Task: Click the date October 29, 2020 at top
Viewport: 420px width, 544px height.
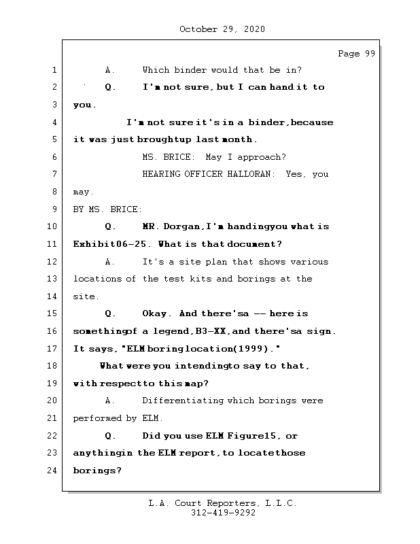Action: (x=222, y=29)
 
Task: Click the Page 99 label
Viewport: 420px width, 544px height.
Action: (x=356, y=54)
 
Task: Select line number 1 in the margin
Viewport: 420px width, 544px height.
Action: (x=54, y=70)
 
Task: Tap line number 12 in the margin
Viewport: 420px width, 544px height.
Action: (x=52, y=262)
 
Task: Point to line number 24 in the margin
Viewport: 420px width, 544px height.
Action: (x=52, y=471)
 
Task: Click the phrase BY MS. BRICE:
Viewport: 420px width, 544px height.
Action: (x=107, y=209)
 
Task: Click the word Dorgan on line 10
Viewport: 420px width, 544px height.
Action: (x=180, y=227)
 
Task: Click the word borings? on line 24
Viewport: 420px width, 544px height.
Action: (x=97, y=471)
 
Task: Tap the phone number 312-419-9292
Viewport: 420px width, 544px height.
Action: (x=222, y=513)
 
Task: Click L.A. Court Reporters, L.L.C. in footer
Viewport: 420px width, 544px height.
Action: (x=222, y=504)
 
